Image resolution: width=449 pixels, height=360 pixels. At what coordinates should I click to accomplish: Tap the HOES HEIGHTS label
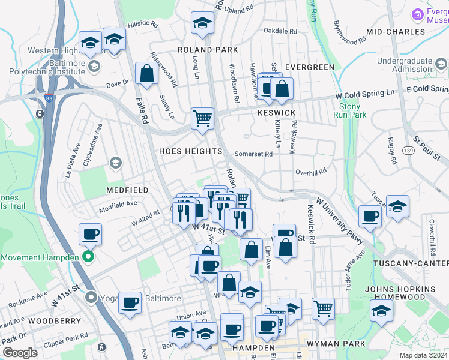coord(190,151)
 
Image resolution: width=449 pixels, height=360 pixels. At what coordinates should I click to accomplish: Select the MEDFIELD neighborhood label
coord(127,190)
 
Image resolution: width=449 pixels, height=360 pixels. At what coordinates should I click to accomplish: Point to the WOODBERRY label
coord(54,321)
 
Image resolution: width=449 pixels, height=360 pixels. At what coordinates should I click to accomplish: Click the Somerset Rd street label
coord(253,154)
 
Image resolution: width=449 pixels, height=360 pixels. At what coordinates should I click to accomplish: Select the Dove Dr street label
coord(118,82)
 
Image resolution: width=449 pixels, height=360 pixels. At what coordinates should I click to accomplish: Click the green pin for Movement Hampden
coord(88,258)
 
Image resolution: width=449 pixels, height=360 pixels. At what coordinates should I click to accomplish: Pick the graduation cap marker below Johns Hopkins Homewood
coord(381,311)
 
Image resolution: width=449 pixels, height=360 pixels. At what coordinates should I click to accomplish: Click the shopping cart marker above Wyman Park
coord(323,308)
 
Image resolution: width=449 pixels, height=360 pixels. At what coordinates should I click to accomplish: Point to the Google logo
coord(20,352)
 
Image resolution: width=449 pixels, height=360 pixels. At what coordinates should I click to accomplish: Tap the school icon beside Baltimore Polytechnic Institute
coord(94,65)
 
